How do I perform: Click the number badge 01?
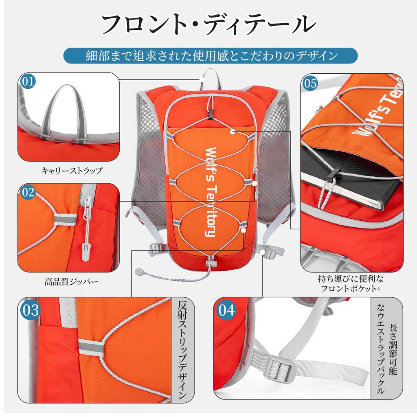tap(28, 81)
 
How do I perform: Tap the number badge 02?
tap(28, 192)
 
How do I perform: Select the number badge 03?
tap(30, 310)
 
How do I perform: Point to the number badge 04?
tap(226, 310)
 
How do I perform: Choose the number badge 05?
tap(310, 83)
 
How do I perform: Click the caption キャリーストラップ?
tap(72, 171)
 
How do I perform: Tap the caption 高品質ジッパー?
tap(71, 281)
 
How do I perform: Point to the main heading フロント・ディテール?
tap(208, 24)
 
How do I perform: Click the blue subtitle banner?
tap(210, 56)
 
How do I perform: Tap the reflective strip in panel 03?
tap(91, 347)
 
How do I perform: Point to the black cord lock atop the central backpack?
tap(210, 113)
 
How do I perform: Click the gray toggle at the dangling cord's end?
tap(140, 272)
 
